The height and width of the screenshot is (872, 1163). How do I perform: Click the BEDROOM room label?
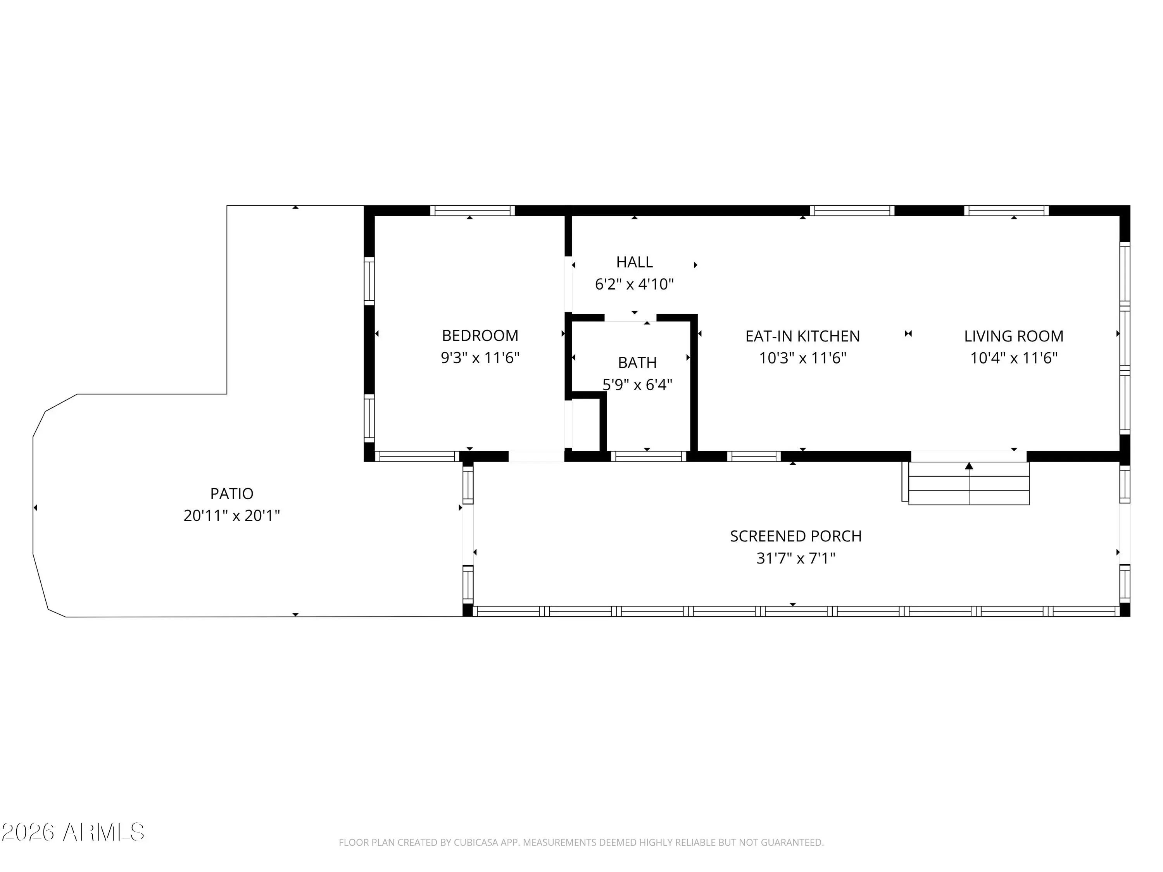[480, 335]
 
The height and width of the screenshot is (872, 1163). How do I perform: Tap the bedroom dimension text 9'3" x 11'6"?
[480, 358]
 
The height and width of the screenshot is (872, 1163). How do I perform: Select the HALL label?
[635, 262]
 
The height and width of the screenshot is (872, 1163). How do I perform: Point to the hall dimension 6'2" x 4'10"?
[635, 284]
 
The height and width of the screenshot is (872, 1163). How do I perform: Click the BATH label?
[637, 363]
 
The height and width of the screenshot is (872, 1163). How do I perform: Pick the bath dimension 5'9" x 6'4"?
[637, 385]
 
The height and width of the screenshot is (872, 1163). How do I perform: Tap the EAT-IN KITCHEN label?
[803, 336]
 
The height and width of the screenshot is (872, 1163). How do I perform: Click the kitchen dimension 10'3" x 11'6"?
[803, 358]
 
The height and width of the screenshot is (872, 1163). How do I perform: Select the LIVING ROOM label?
[1014, 336]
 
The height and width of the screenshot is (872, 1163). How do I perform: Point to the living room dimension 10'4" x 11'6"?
[1014, 358]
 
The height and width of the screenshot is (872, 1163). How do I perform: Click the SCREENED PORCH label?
[796, 536]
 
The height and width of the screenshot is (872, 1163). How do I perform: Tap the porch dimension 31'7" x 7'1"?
[796, 558]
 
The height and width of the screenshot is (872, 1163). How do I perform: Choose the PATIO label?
[232, 494]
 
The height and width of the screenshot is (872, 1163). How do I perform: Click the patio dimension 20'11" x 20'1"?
[232, 515]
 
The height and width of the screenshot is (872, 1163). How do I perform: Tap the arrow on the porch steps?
[969, 483]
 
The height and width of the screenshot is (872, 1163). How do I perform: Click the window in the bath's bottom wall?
[648, 456]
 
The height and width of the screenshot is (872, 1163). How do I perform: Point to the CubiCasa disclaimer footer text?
[581, 843]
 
